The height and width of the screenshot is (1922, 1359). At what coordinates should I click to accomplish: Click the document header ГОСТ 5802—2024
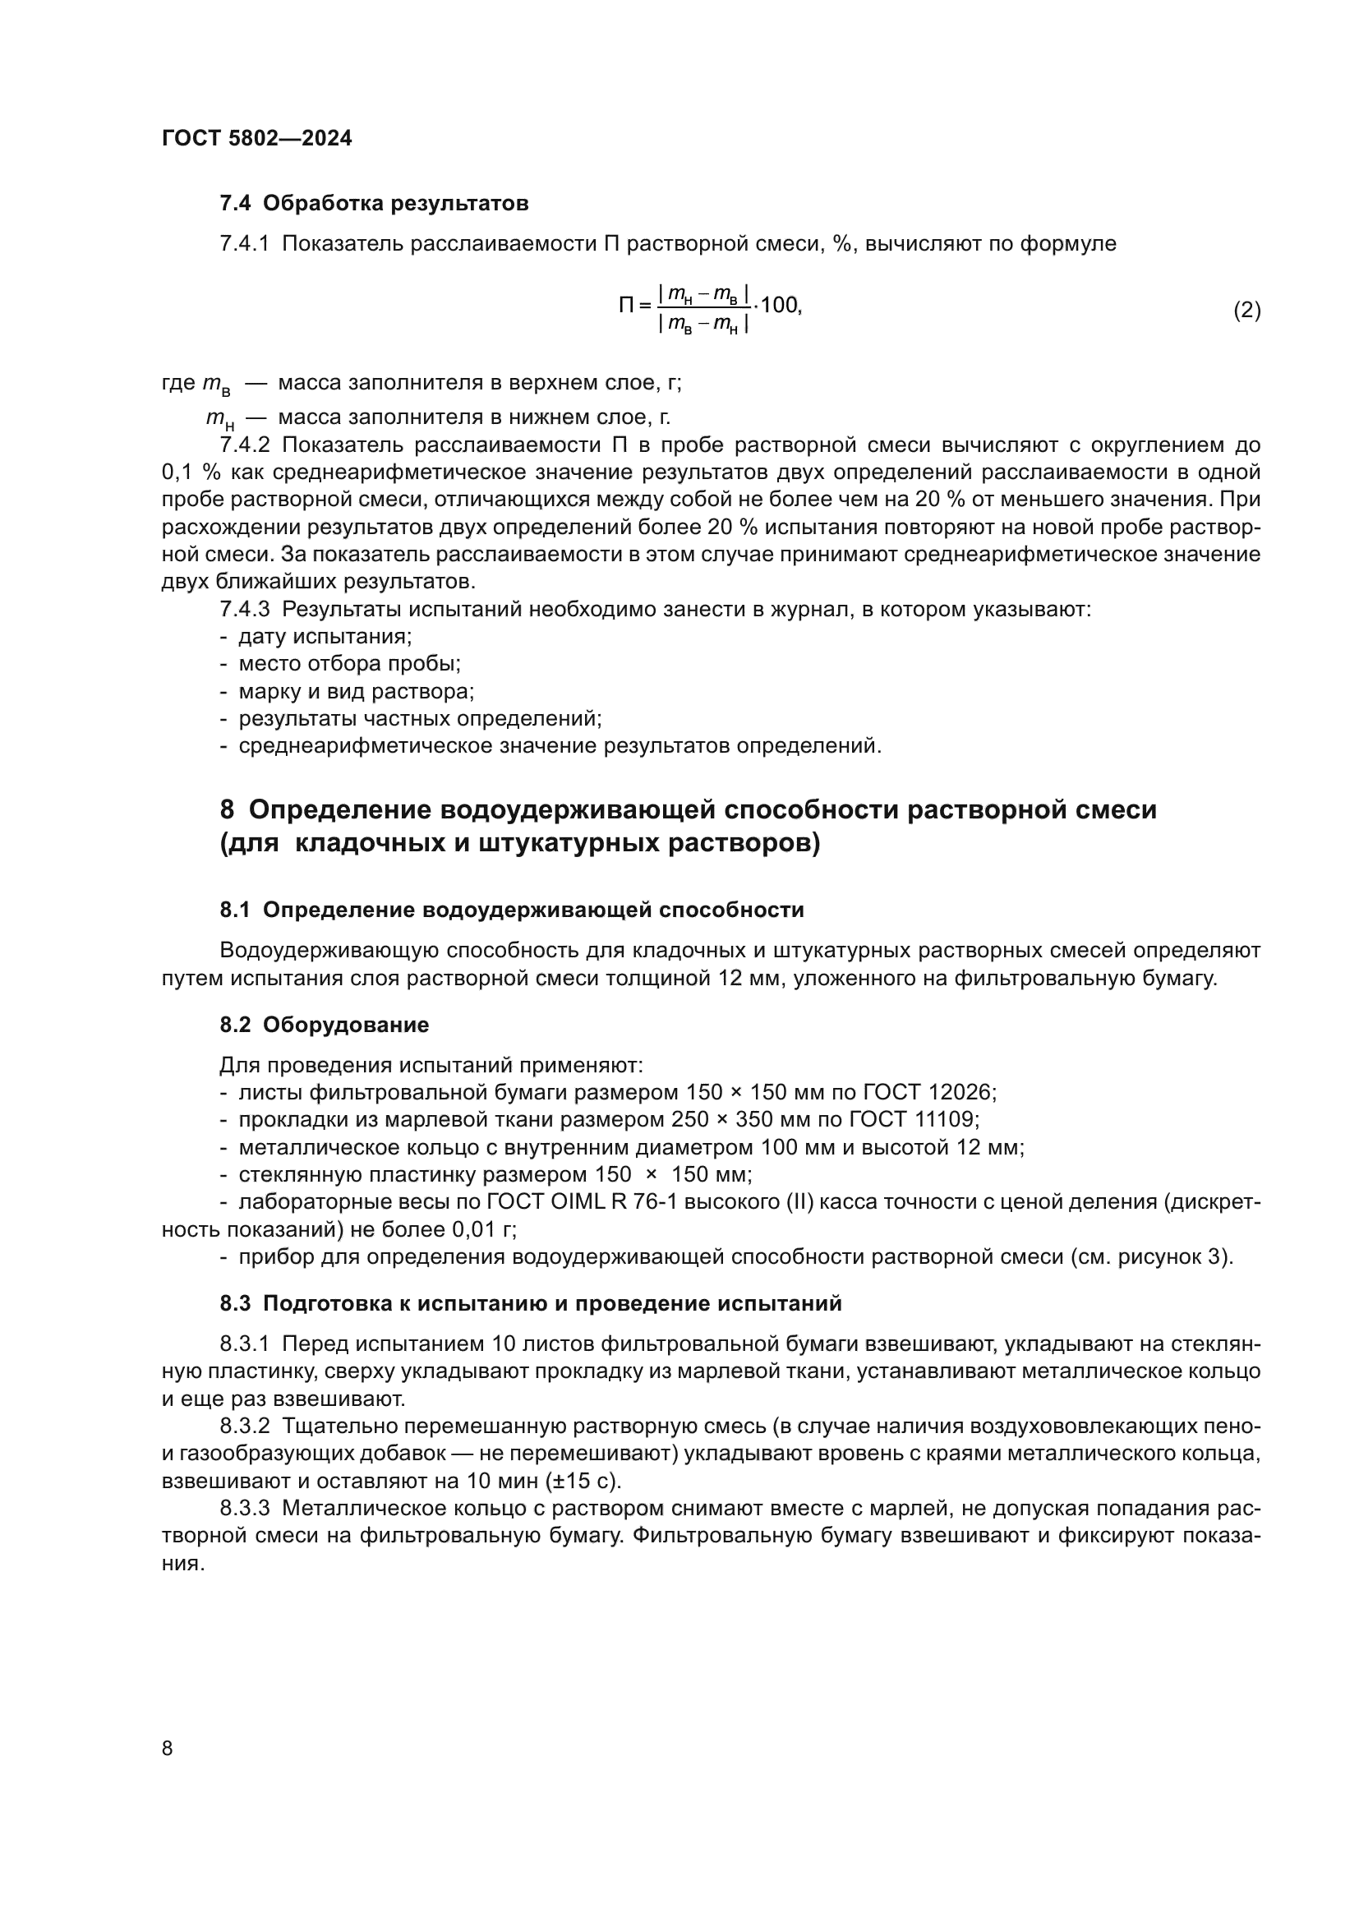coord(256,138)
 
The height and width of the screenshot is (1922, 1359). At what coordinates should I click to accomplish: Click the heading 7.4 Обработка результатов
coord(373,204)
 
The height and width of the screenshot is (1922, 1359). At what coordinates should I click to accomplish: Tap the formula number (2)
coord(1246,311)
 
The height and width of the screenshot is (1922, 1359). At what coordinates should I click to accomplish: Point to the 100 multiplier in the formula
coord(780,305)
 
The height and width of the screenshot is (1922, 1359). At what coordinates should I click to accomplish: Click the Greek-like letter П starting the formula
coord(627,306)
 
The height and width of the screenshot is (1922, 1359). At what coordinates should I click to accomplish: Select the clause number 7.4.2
coord(244,445)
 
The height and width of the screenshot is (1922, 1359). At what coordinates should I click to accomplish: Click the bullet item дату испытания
coord(325,636)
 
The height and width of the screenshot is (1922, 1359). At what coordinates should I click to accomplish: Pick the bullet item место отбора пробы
coord(349,664)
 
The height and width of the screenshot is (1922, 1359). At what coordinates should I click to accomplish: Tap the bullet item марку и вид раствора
coord(356,691)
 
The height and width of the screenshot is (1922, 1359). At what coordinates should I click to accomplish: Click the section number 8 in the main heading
coord(227,809)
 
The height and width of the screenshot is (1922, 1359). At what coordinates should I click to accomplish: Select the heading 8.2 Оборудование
coord(324,1025)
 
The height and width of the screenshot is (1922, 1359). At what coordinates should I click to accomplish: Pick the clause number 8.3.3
coord(244,1509)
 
